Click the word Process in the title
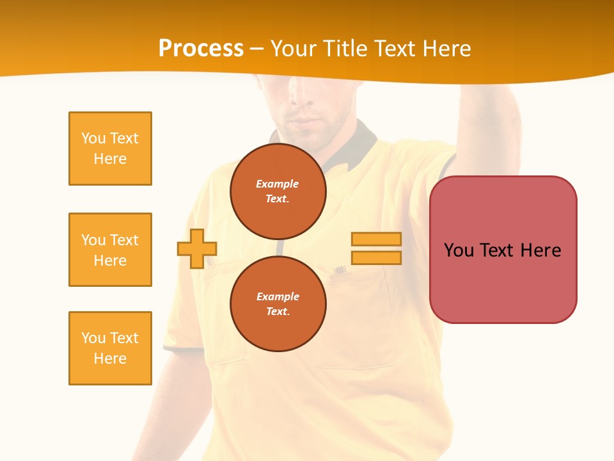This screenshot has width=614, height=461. tap(201, 49)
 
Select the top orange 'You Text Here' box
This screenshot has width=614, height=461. tap(110, 149)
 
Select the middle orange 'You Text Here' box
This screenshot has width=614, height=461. tap(110, 250)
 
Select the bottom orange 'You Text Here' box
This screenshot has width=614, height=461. tap(110, 348)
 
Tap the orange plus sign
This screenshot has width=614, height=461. tap(197, 248)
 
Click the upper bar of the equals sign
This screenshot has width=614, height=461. tap(376, 239)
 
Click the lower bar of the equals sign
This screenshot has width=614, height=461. tap(376, 258)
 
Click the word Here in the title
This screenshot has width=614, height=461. tap(446, 49)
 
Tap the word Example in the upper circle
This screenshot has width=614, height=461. tap(277, 184)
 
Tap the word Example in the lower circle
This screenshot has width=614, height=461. tap(278, 296)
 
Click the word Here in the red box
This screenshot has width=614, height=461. tap(540, 250)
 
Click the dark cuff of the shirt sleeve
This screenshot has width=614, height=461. tap(176, 348)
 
